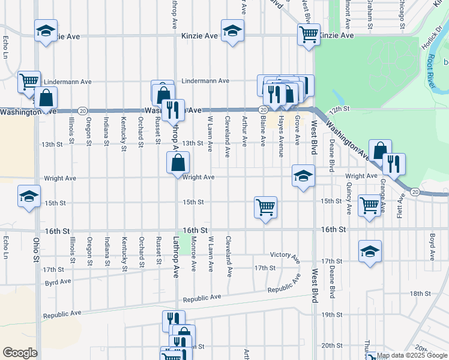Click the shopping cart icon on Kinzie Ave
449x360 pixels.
(x=309, y=34)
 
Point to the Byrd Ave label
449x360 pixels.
(x=58, y=281)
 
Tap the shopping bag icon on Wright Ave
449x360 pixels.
(x=178, y=162)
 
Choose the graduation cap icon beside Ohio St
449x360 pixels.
(x=29, y=196)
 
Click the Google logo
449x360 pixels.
(x=20, y=353)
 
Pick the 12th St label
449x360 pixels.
(x=339, y=109)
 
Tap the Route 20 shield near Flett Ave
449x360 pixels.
(x=415, y=191)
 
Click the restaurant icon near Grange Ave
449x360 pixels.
(x=394, y=164)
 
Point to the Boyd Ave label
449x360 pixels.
(x=432, y=246)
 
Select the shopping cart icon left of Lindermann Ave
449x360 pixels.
(x=29, y=82)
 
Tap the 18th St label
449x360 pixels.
(x=417, y=293)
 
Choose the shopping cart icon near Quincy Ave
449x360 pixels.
(x=370, y=205)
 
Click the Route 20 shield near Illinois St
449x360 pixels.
(x=83, y=110)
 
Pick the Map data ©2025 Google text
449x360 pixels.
(x=412, y=355)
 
